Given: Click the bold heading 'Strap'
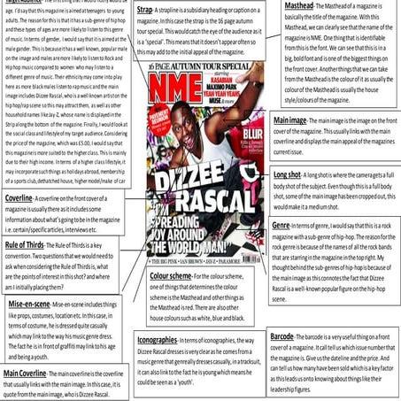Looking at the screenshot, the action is tap(144, 9).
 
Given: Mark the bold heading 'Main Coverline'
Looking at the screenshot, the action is tap(26, 374).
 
